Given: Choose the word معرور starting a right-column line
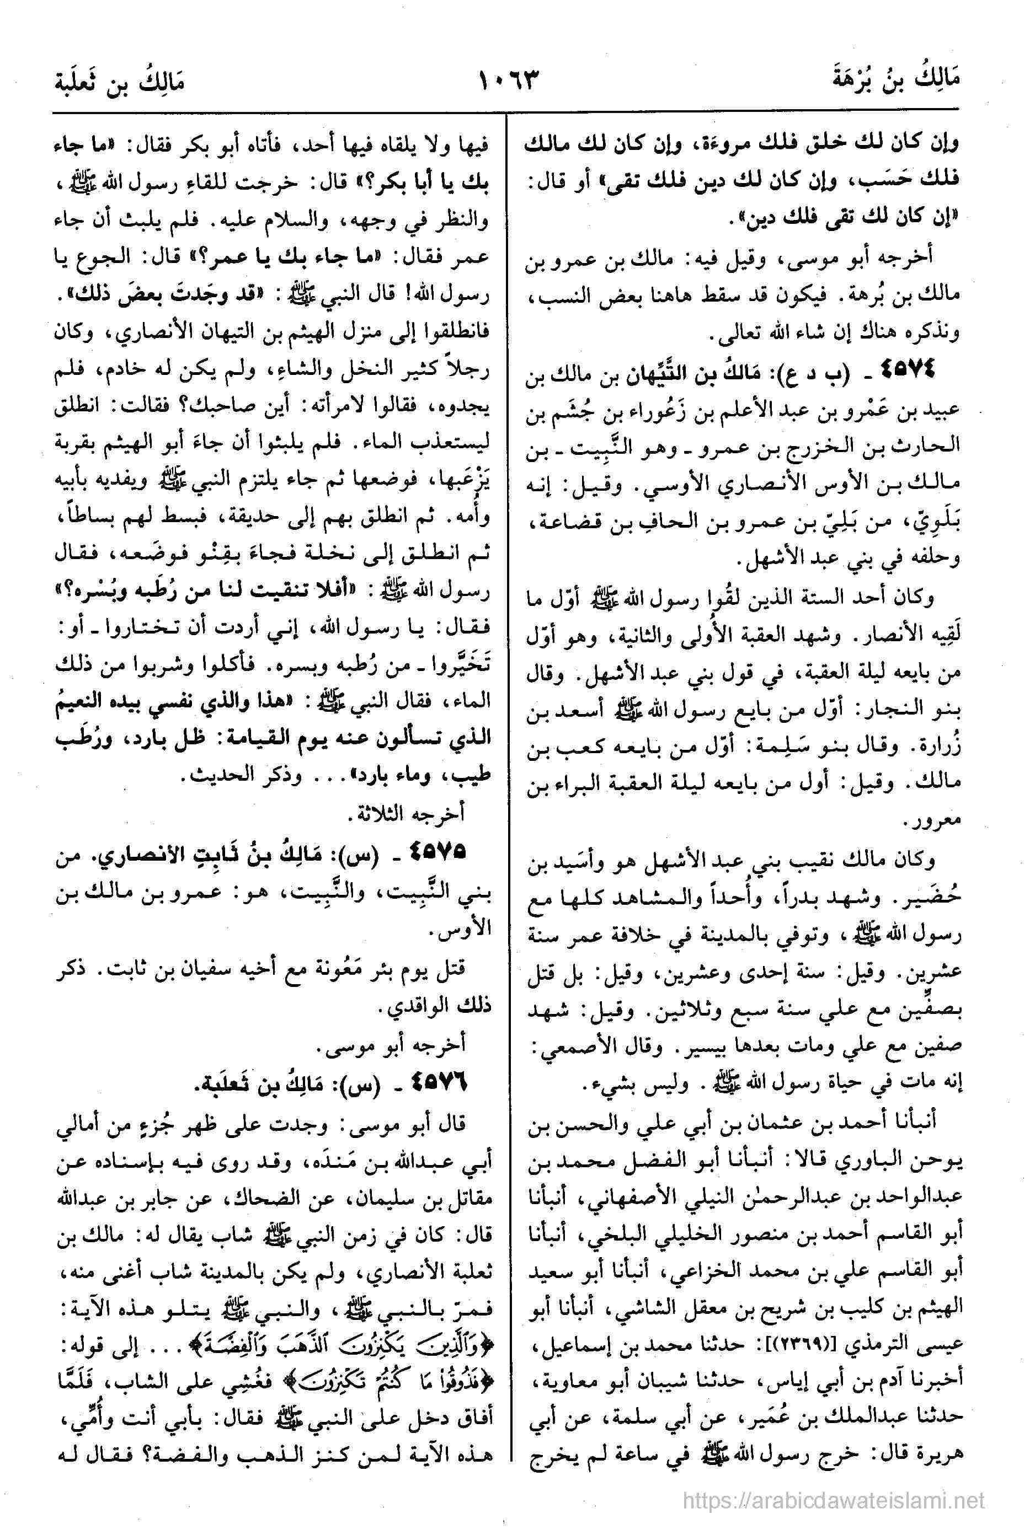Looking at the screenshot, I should [x=936, y=822].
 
